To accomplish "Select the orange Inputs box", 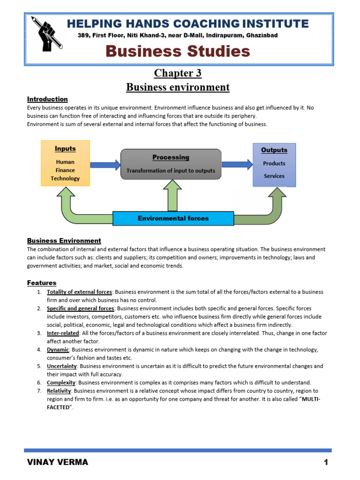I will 65,163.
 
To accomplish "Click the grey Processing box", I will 171,164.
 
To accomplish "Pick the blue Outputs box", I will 274,165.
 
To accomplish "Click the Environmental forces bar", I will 173,218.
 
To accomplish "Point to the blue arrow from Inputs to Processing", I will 105,165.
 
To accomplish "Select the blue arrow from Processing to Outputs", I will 237,164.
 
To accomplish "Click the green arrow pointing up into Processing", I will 171,195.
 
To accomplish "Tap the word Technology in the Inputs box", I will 65,179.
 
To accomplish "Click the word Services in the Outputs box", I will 274,176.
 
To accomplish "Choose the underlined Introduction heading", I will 47,99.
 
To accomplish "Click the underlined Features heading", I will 42,283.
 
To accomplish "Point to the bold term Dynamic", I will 58,350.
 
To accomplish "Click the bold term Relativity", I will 59,391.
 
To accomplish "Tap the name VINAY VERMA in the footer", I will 58,463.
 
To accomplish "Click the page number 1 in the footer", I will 325,463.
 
